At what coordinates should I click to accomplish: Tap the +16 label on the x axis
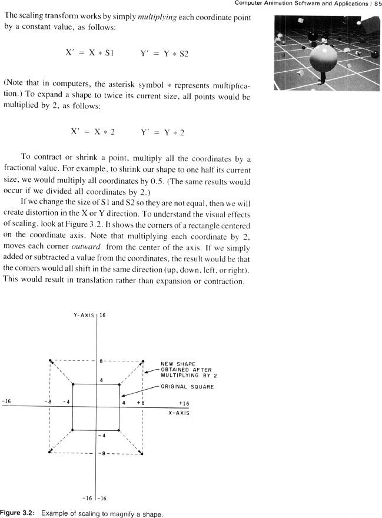click(184, 404)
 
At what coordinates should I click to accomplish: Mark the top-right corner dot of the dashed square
click(143, 361)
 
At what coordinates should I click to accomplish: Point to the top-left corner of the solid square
click(72, 385)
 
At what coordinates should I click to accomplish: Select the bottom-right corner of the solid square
click(120, 430)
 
